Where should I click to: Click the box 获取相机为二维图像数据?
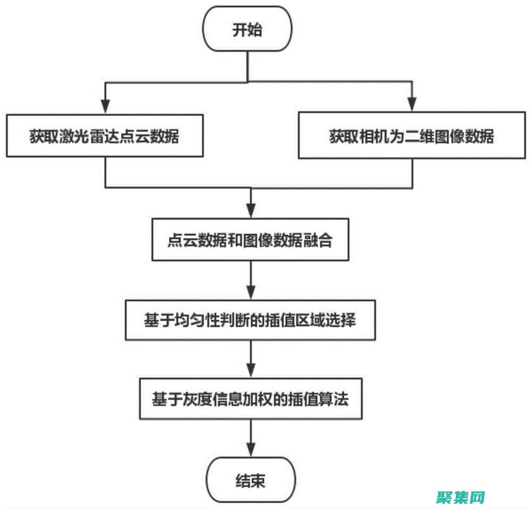411,137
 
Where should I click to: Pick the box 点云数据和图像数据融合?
250,240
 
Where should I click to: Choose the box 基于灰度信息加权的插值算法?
250,399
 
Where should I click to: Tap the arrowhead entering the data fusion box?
251,211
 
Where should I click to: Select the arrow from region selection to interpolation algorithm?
251,360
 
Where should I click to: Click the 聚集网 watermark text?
460,497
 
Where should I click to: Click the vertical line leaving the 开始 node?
247,66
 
